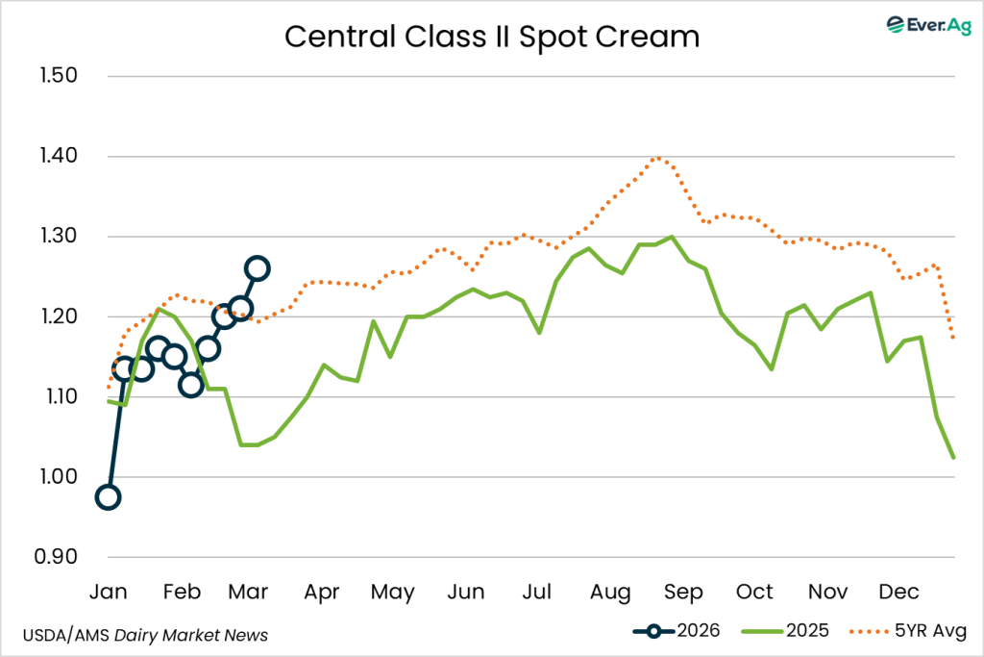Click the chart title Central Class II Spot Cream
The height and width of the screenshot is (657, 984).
tap(492, 37)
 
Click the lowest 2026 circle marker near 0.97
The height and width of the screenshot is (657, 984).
tap(108, 497)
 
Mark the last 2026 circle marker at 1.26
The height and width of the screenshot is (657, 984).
tap(258, 268)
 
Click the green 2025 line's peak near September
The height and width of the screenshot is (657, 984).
tap(671, 237)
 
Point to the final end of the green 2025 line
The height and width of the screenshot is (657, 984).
tap(952, 458)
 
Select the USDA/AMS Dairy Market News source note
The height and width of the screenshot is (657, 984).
tap(145, 635)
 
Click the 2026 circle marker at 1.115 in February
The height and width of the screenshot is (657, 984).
tap(190, 386)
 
